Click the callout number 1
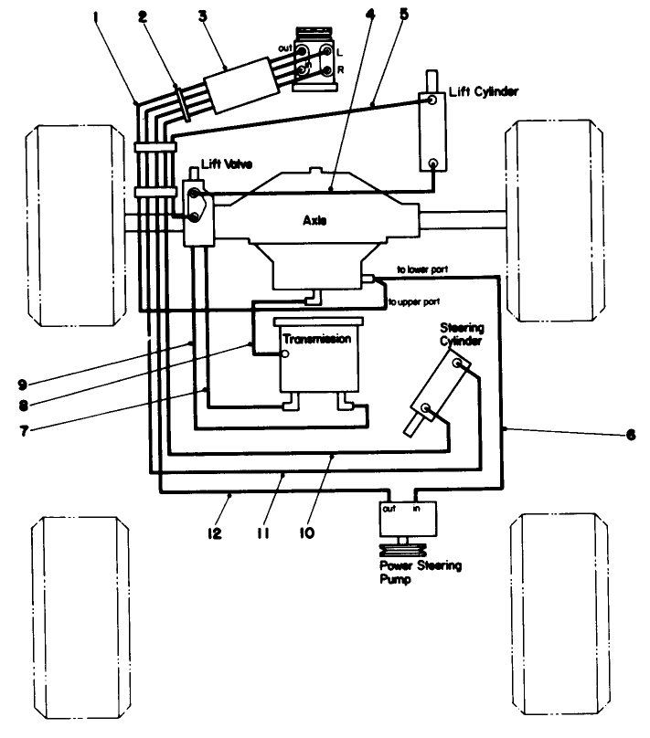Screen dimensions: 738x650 click(x=98, y=16)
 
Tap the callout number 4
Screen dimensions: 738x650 click(x=368, y=16)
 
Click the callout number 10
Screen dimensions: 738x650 click(x=306, y=531)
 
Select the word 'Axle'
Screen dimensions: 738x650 click(x=316, y=221)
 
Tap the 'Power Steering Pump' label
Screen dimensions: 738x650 click(x=421, y=573)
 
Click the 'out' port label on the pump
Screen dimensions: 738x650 click(x=388, y=509)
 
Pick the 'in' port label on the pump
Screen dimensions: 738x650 click(x=417, y=509)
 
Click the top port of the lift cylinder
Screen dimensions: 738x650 click(x=428, y=100)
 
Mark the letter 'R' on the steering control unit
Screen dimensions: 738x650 click(x=339, y=69)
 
